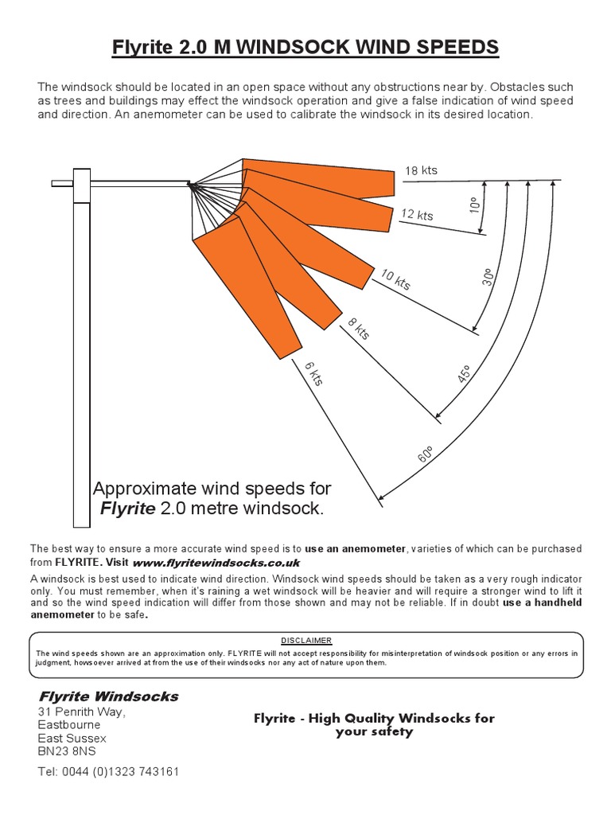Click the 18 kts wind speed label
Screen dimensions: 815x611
tap(421, 170)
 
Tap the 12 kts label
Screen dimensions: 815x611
tap(417, 215)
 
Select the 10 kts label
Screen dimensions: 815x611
tap(395, 279)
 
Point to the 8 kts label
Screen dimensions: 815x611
tap(359, 328)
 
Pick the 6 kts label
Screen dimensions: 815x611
tap(313, 372)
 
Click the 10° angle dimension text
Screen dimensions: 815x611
tap(475, 205)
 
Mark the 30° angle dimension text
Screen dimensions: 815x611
tap(487, 276)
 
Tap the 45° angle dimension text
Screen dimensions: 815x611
tap(465, 374)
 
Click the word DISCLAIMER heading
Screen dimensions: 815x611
tap(305, 640)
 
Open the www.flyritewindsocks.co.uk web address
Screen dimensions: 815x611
tap(211, 562)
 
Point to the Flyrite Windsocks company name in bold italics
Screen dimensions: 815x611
tap(108, 696)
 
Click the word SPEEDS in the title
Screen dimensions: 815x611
tap(455, 48)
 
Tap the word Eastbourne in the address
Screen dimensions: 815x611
tap(69, 725)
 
